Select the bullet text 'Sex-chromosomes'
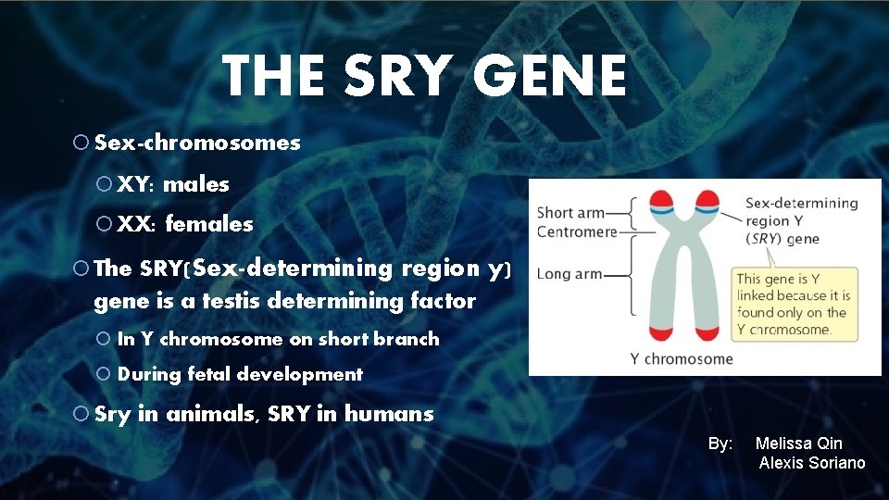pyautogui.click(x=197, y=143)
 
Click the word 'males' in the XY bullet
pyautogui.click(x=195, y=184)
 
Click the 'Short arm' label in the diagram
pyautogui.click(x=569, y=213)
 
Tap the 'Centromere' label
pyautogui.click(x=576, y=231)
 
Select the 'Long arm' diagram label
pyautogui.click(x=569, y=274)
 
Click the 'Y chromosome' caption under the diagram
pyautogui.click(x=681, y=358)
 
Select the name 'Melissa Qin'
pyautogui.click(x=798, y=444)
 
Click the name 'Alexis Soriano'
pyautogui.click(x=812, y=463)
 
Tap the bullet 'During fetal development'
pyautogui.click(x=240, y=375)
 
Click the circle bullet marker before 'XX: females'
pyautogui.click(x=104, y=224)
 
